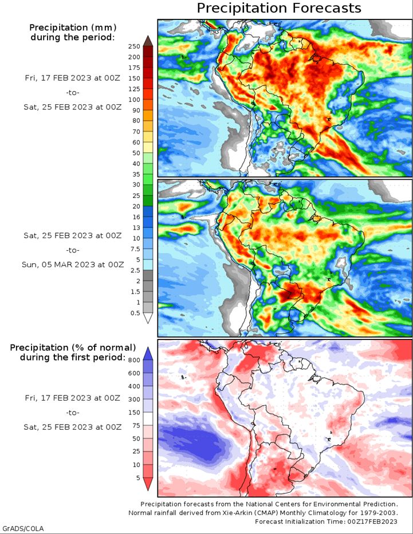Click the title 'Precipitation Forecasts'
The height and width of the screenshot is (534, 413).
(x=279, y=8)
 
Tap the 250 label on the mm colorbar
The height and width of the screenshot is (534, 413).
(x=134, y=46)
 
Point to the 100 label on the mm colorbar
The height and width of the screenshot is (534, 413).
(x=134, y=100)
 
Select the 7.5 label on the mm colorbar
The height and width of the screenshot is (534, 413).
(x=135, y=249)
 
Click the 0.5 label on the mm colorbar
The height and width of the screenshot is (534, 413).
(x=135, y=313)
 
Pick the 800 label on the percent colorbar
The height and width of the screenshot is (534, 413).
(x=134, y=361)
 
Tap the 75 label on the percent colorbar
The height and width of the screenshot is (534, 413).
(x=136, y=425)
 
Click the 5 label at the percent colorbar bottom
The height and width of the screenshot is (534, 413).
(x=138, y=478)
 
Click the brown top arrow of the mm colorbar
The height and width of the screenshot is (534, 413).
(x=148, y=40)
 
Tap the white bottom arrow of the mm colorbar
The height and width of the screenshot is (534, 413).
(x=148, y=318)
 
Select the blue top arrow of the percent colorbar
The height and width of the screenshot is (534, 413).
(x=148, y=354)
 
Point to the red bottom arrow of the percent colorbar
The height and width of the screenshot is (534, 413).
(x=148, y=484)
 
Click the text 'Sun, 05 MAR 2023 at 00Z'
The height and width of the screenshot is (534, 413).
(x=73, y=264)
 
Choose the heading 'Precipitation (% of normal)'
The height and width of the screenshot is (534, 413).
(x=73, y=347)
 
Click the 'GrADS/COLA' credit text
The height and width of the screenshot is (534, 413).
(x=22, y=528)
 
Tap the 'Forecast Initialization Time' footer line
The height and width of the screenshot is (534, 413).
(x=326, y=521)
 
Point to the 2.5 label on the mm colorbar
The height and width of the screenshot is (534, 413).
(x=135, y=270)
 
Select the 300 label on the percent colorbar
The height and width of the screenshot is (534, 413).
(x=134, y=399)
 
